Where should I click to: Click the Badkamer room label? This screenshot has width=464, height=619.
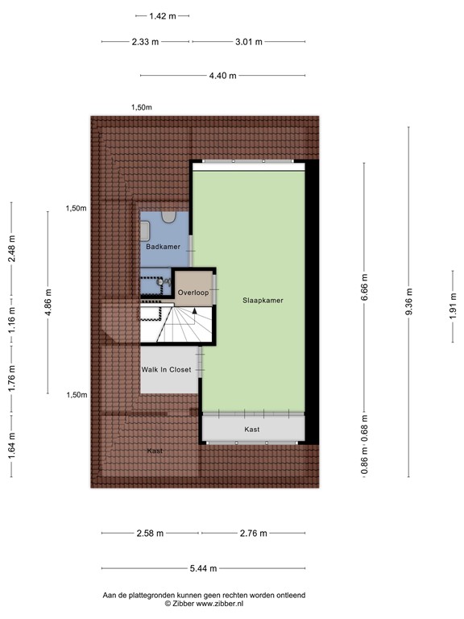[x=164, y=247]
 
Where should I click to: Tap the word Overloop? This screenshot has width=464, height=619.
[x=194, y=292]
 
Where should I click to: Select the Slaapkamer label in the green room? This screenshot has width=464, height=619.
[x=263, y=300]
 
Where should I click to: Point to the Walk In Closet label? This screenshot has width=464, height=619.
[x=167, y=370]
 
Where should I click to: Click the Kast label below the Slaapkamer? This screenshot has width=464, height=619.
[x=252, y=430]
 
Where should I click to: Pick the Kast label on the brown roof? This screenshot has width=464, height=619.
[x=155, y=451]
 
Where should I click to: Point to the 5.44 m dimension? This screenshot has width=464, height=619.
[x=203, y=568]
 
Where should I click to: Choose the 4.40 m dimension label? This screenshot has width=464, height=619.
[x=222, y=76]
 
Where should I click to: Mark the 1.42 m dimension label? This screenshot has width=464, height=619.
[x=163, y=15]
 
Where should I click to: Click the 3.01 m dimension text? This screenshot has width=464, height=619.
[x=247, y=43]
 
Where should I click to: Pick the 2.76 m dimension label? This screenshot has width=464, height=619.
[x=253, y=533]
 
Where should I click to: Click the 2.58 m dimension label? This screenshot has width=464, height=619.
[x=150, y=533]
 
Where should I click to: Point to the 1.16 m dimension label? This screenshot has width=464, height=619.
[x=11, y=320]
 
